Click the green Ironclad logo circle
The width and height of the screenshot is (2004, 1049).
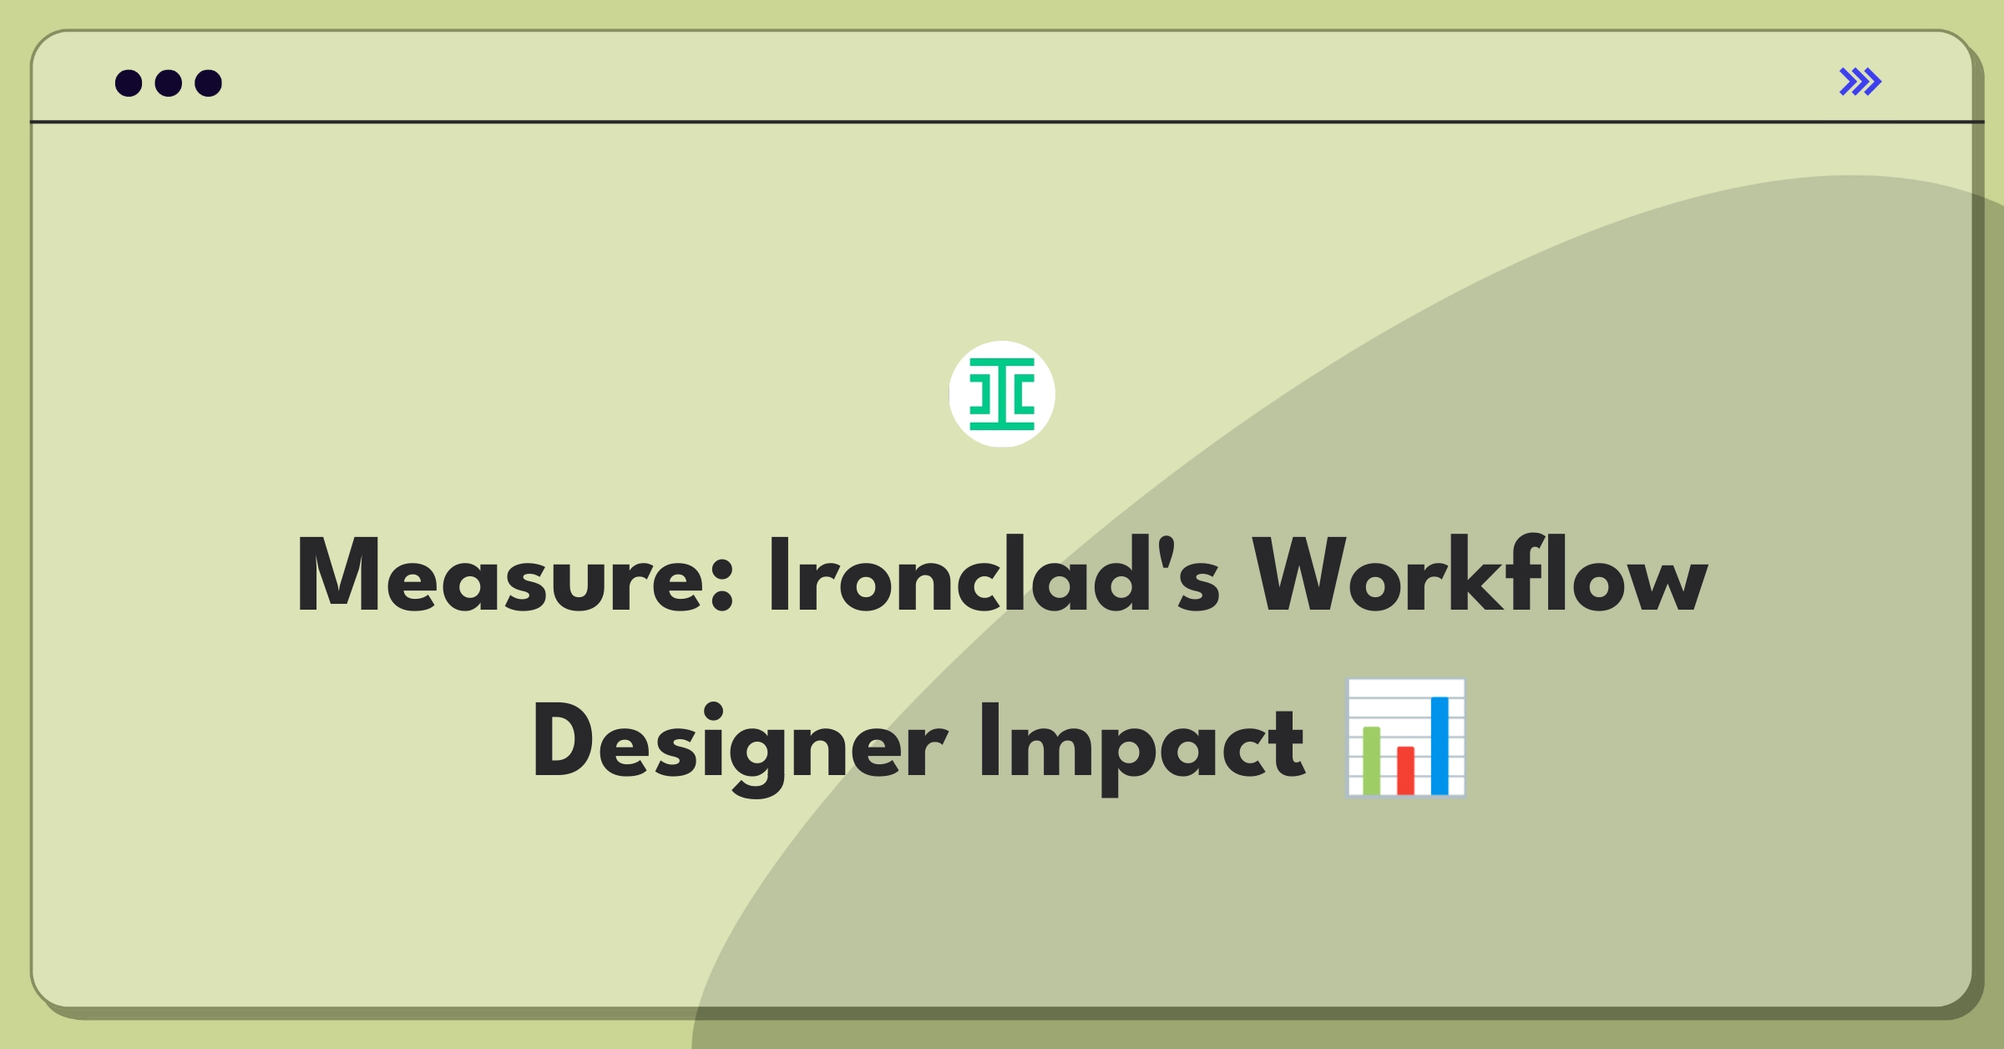pos(1002,394)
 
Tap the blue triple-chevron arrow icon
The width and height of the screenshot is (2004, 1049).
pos(1860,82)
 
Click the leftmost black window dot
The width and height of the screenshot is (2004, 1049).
pos(129,83)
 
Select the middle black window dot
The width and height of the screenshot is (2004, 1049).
pos(169,83)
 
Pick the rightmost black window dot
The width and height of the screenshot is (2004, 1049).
pos(208,83)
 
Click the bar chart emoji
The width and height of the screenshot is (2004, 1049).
pos(1406,738)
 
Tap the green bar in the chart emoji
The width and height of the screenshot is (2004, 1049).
pos(1371,760)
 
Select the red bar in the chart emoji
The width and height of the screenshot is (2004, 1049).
pos(1405,770)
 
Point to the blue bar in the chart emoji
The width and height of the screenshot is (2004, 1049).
pos(1440,746)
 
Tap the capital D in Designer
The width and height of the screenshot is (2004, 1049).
pos(568,742)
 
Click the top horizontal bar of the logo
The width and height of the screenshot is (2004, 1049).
pos(1002,363)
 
